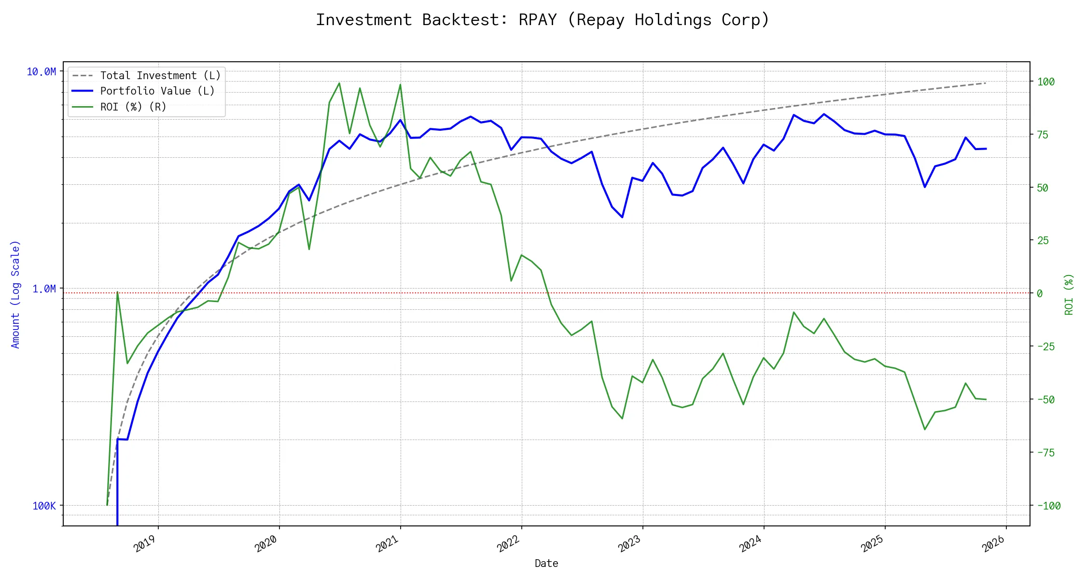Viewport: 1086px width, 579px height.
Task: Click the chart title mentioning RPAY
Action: [x=542, y=20]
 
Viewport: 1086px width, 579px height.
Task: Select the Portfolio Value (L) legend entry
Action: [x=157, y=91]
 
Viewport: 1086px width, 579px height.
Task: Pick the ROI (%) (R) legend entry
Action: [x=133, y=107]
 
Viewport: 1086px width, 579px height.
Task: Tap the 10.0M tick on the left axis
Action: [x=41, y=72]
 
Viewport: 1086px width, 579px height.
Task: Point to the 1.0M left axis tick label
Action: [x=44, y=289]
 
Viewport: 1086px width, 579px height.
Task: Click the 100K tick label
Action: [x=44, y=506]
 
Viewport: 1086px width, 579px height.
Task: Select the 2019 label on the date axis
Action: [x=145, y=544]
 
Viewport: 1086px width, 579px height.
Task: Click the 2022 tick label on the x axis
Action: [x=508, y=544]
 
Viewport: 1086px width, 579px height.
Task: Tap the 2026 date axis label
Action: [x=993, y=544]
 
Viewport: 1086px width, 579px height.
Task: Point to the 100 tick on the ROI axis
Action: [x=1046, y=82]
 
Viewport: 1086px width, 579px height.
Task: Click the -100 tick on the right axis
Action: [x=1048, y=506]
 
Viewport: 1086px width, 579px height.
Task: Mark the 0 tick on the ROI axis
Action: [x=1040, y=293]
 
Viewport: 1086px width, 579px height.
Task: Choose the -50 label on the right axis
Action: [x=1045, y=400]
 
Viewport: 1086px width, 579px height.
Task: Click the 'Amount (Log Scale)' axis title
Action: [x=15, y=294]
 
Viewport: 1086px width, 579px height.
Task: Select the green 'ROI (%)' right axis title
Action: [x=1069, y=294]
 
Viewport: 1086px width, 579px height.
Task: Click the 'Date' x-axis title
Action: [x=546, y=563]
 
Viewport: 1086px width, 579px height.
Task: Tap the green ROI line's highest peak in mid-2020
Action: [x=339, y=83]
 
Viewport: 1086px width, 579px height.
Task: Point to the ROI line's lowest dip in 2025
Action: [x=924, y=429]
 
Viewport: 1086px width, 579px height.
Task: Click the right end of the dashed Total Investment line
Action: [x=986, y=83]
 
